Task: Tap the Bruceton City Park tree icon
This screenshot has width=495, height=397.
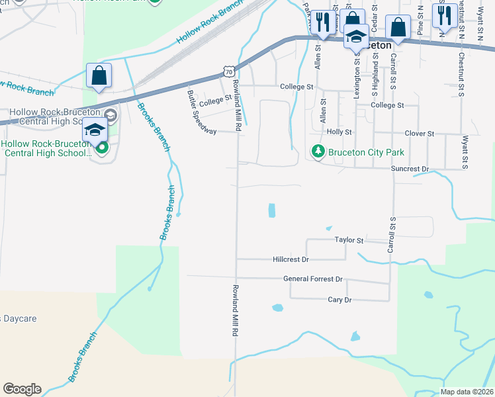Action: click(318, 152)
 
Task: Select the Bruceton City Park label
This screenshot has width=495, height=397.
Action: click(367, 153)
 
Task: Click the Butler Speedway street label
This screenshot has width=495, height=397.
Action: click(201, 112)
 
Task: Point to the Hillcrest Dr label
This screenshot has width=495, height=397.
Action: click(291, 259)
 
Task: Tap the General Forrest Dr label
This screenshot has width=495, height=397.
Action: click(313, 279)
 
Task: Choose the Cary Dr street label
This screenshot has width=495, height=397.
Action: click(339, 300)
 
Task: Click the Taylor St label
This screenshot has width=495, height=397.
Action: click(349, 240)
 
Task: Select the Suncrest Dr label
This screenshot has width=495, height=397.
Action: click(410, 169)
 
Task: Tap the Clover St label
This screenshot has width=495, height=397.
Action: click(419, 134)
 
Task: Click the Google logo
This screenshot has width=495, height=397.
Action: click(22, 389)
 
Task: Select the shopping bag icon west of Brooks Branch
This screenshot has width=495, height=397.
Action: click(99, 77)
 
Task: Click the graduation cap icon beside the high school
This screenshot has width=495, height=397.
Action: click(95, 131)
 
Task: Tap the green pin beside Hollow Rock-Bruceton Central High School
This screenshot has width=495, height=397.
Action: click(101, 147)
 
